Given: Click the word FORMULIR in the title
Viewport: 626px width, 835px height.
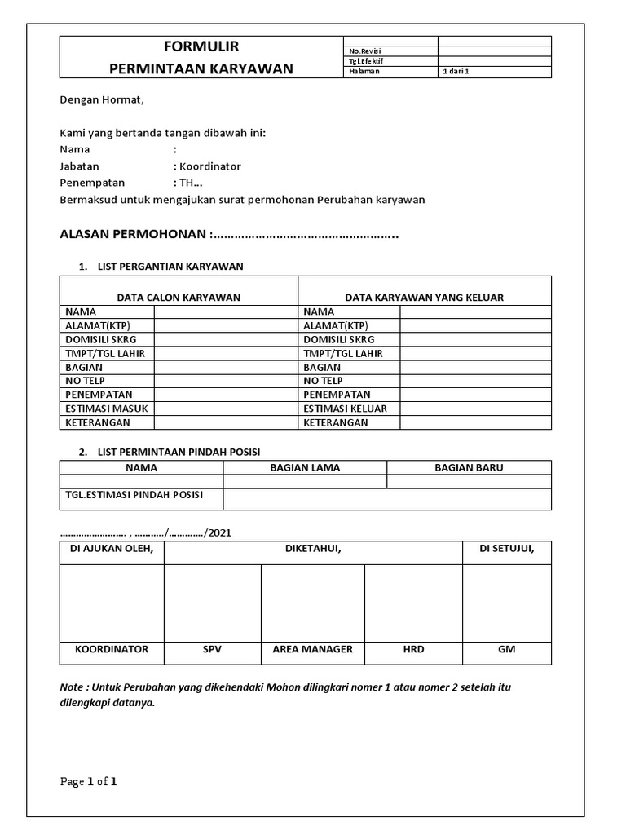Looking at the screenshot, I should [x=201, y=46].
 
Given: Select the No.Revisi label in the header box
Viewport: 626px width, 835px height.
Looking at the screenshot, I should [x=364, y=51].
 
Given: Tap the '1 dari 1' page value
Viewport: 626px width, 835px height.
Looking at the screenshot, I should [x=456, y=72].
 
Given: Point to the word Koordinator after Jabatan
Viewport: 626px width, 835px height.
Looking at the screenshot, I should [x=209, y=166].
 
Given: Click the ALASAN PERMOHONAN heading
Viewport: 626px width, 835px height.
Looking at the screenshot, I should [x=134, y=235].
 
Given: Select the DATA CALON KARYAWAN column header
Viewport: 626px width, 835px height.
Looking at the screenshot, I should [x=179, y=298].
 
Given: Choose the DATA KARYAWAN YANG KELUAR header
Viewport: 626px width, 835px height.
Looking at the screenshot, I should [x=424, y=298].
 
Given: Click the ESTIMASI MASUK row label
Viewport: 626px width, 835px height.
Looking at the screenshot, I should [x=106, y=409].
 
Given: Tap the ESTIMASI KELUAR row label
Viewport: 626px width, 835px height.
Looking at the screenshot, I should [x=345, y=409].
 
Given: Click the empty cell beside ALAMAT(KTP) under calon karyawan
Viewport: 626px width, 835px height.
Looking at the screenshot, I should [x=226, y=325].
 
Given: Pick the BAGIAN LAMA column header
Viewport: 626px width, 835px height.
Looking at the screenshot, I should [x=305, y=468].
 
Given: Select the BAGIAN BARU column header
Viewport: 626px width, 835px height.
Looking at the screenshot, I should [x=469, y=468].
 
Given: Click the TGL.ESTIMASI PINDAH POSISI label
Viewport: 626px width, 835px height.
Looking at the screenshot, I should [x=134, y=495].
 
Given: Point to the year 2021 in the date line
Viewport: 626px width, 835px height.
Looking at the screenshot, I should [x=219, y=532].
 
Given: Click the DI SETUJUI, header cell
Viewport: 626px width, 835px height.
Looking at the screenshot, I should [x=507, y=550].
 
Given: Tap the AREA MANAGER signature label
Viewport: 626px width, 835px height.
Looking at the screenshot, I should [x=312, y=650].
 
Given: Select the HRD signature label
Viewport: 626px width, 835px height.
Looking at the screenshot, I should [x=413, y=650].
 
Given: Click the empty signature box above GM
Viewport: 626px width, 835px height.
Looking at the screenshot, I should [x=507, y=602].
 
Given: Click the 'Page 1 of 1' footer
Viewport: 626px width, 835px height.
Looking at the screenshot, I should [x=89, y=783].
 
